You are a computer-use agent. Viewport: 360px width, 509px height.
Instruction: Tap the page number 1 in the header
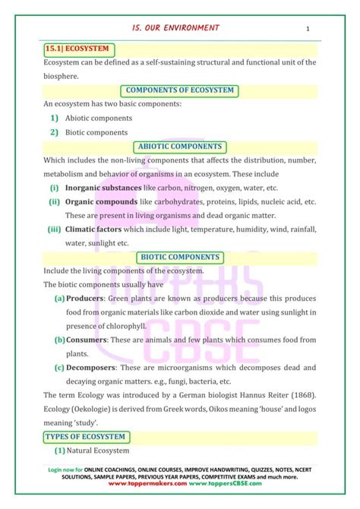(x=308, y=29)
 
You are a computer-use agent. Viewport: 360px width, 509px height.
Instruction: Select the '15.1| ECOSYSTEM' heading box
(x=78, y=49)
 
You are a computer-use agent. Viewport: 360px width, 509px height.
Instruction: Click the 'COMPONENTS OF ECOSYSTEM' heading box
(x=180, y=91)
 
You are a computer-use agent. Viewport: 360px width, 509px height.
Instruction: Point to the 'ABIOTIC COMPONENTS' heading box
(x=179, y=147)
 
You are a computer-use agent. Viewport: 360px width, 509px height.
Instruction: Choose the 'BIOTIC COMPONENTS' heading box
(x=180, y=258)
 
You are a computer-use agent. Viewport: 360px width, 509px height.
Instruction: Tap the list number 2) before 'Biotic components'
(x=55, y=132)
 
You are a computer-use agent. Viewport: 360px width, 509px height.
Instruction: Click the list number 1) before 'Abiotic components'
(x=55, y=119)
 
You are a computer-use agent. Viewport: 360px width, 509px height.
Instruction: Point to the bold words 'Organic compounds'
(x=100, y=202)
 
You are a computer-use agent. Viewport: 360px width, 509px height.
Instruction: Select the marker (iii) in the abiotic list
(x=54, y=229)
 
